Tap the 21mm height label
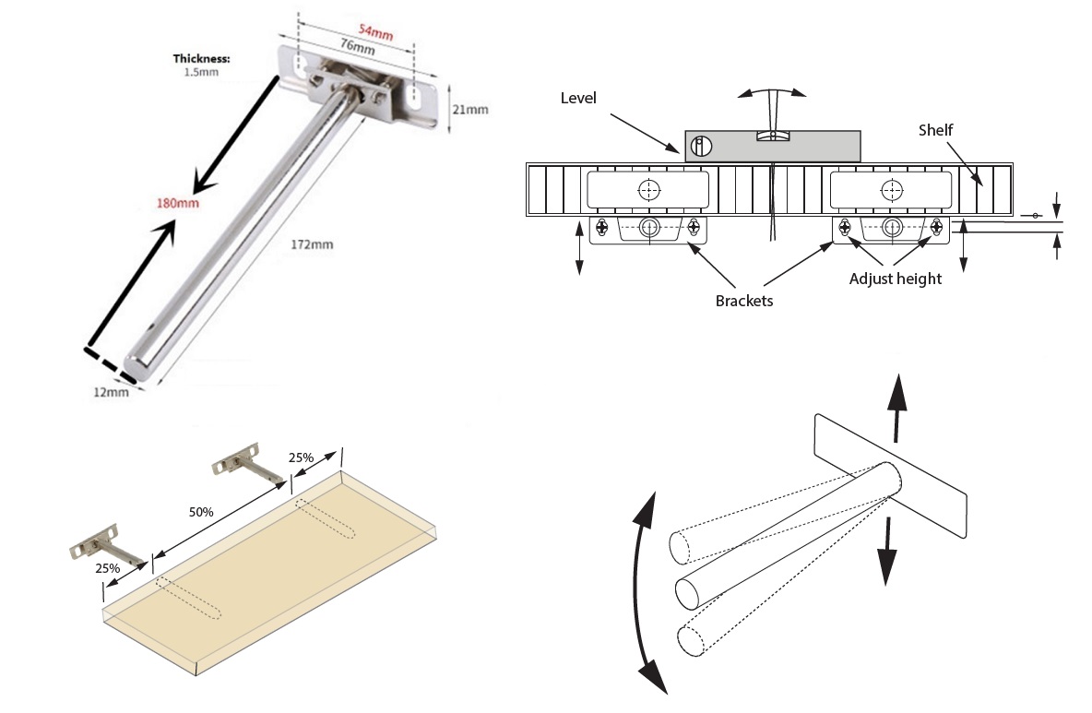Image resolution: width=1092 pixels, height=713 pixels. [x=469, y=109]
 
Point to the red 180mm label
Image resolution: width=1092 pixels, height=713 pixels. [x=177, y=203]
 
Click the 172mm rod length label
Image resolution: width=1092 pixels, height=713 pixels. [x=312, y=245]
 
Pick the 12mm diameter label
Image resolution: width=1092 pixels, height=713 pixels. [x=111, y=393]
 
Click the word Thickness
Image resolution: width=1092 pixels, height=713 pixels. [x=201, y=58]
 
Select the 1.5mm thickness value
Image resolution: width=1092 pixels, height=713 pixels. [x=200, y=71]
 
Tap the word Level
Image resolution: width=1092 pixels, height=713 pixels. [x=578, y=97]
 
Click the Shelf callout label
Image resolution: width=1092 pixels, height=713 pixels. [x=934, y=131]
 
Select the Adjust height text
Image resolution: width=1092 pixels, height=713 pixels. [x=896, y=279]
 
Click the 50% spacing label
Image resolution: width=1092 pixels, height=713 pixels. [x=201, y=512]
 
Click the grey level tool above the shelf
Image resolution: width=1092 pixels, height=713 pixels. [x=772, y=146]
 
